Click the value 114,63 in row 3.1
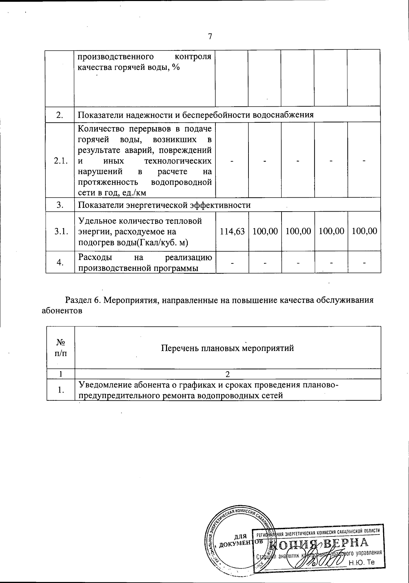coord(231,231)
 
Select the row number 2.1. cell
coord(60,161)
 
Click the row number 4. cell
coord(60,262)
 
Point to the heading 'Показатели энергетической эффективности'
coord(164,205)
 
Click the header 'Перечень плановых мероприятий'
coord(227,348)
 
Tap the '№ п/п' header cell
coord(60,348)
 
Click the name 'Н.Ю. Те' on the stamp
coord(362,562)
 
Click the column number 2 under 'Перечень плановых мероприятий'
coord(227,374)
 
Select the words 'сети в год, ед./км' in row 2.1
coord(112,193)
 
